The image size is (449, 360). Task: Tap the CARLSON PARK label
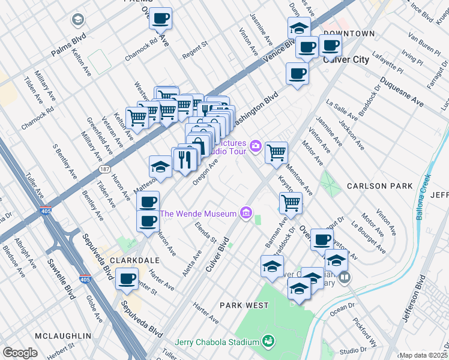click(x=379, y=186)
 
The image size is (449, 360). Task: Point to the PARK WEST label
click(x=244, y=305)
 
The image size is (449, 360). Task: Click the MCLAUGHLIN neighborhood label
click(x=63, y=335)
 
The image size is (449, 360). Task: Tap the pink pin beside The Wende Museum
click(x=245, y=213)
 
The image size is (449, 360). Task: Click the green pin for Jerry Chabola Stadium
click(x=269, y=341)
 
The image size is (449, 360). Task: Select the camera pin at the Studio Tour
click(x=256, y=145)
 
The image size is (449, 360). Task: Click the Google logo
click(x=20, y=353)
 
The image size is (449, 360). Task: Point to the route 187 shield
click(x=104, y=170)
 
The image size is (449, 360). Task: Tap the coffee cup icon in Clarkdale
click(x=127, y=278)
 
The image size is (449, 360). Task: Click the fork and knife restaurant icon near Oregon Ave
click(x=185, y=158)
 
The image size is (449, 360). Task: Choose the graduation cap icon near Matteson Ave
click(x=161, y=166)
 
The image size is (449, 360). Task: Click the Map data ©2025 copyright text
click(x=423, y=355)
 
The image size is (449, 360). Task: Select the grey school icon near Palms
click(x=77, y=20)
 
